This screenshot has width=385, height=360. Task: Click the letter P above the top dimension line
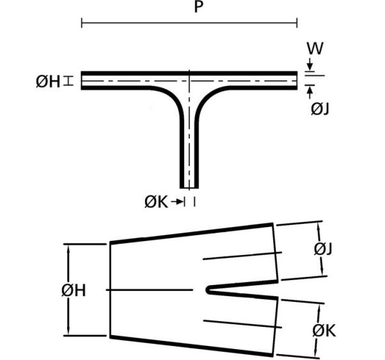pos(198,7)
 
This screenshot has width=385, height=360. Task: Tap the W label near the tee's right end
pos(315,49)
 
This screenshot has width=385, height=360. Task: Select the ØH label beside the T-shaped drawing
pos(48,82)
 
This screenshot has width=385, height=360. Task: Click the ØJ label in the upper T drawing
pos(320,109)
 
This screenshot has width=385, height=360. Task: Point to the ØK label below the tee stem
pos(157,202)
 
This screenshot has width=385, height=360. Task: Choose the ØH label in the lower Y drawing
pos(74,290)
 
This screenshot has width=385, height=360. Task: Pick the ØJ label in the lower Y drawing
pos(323,249)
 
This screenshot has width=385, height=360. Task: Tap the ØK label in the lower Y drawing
pos(324,331)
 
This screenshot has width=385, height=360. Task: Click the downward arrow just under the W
pos(310,64)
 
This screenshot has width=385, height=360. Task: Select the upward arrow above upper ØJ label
pos(310,93)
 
